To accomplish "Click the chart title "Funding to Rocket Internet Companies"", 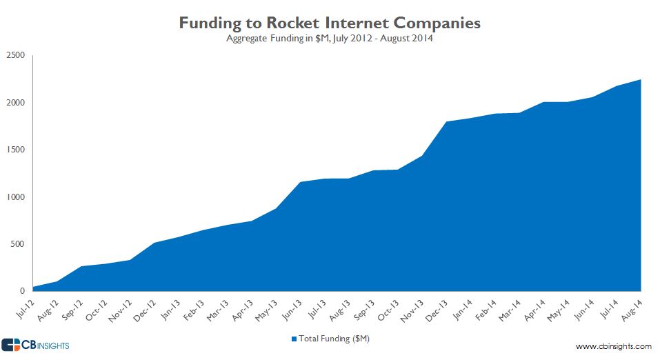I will click(x=330, y=23).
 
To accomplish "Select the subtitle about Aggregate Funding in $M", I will click(x=330, y=39).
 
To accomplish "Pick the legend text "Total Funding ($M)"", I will click(x=334, y=339).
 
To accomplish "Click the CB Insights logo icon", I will click(x=11, y=345).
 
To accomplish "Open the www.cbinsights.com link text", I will click(x=613, y=346).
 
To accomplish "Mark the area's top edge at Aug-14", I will click(x=641, y=80).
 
